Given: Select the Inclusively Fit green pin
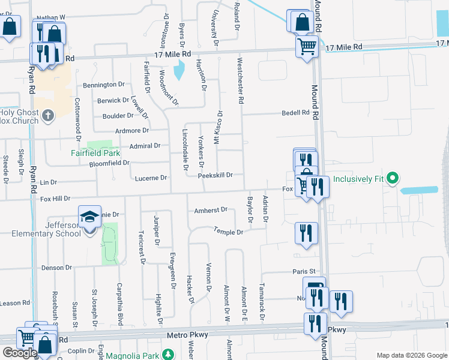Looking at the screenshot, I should coord(393,178).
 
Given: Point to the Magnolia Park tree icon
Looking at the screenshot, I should coord(170,355).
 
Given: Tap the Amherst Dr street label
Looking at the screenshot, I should coord(211,211).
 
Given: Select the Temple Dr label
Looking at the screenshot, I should coord(229,232).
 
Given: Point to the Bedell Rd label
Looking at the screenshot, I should coord(296,113).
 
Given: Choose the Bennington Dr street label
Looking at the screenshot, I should coord(104,85).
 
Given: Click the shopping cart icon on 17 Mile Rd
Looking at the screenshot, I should coord(307,46).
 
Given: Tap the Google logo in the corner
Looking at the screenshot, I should coord(19,353).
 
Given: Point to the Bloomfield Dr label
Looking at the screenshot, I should coord(109,163).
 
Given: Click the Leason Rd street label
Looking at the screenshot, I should coord(15,303).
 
